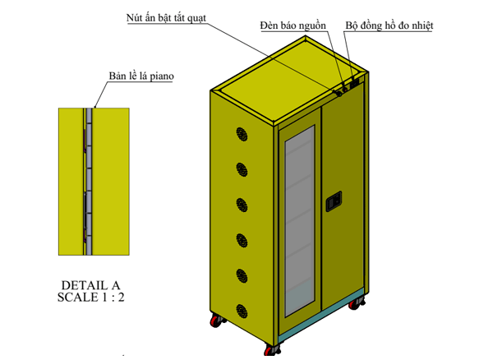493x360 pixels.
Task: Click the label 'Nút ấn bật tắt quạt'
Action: pyautogui.click(x=166, y=18)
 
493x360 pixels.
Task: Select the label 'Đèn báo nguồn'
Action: pyautogui.click(x=293, y=25)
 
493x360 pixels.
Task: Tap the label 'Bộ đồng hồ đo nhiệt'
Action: pyautogui.click(x=389, y=25)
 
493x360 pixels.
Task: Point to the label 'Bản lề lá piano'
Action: pyautogui.click(x=141, y=76)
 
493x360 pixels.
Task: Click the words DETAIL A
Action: pyautogui.click(x=90, y=285)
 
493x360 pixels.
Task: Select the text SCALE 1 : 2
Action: pyautogui.click(x=91, y=297)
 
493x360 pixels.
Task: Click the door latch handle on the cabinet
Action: pyautogui.click(x=334, y=201)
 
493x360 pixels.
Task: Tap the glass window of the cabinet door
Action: pyautogui.click(x=300, y=221)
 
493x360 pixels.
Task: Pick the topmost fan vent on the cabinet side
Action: pyautogui.click(x=242, y=134)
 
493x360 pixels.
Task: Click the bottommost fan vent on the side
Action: pyautogui.click(x=242, y=312)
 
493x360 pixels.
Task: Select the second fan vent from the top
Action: pyautogui.click(x=242, y=169)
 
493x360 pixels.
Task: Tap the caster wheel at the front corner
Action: pyautogui.click(x=272, y=349)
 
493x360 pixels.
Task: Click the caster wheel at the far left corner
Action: pyautogui.click(x=217, y=321)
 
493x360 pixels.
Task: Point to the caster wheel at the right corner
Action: pyautogui.click(x=356, y=303)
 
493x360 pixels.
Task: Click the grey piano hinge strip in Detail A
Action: pyautogui.click(x=89, y=182)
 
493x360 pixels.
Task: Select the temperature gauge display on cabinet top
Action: pyautogui.click(x=355, y=84)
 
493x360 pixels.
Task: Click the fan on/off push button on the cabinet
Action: pyautogui.click(x=339, y=94)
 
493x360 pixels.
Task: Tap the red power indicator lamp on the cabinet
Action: pyautogui.click(x=345, y=90)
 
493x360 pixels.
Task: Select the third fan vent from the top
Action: pyautogui.click(x=242, y=205)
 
